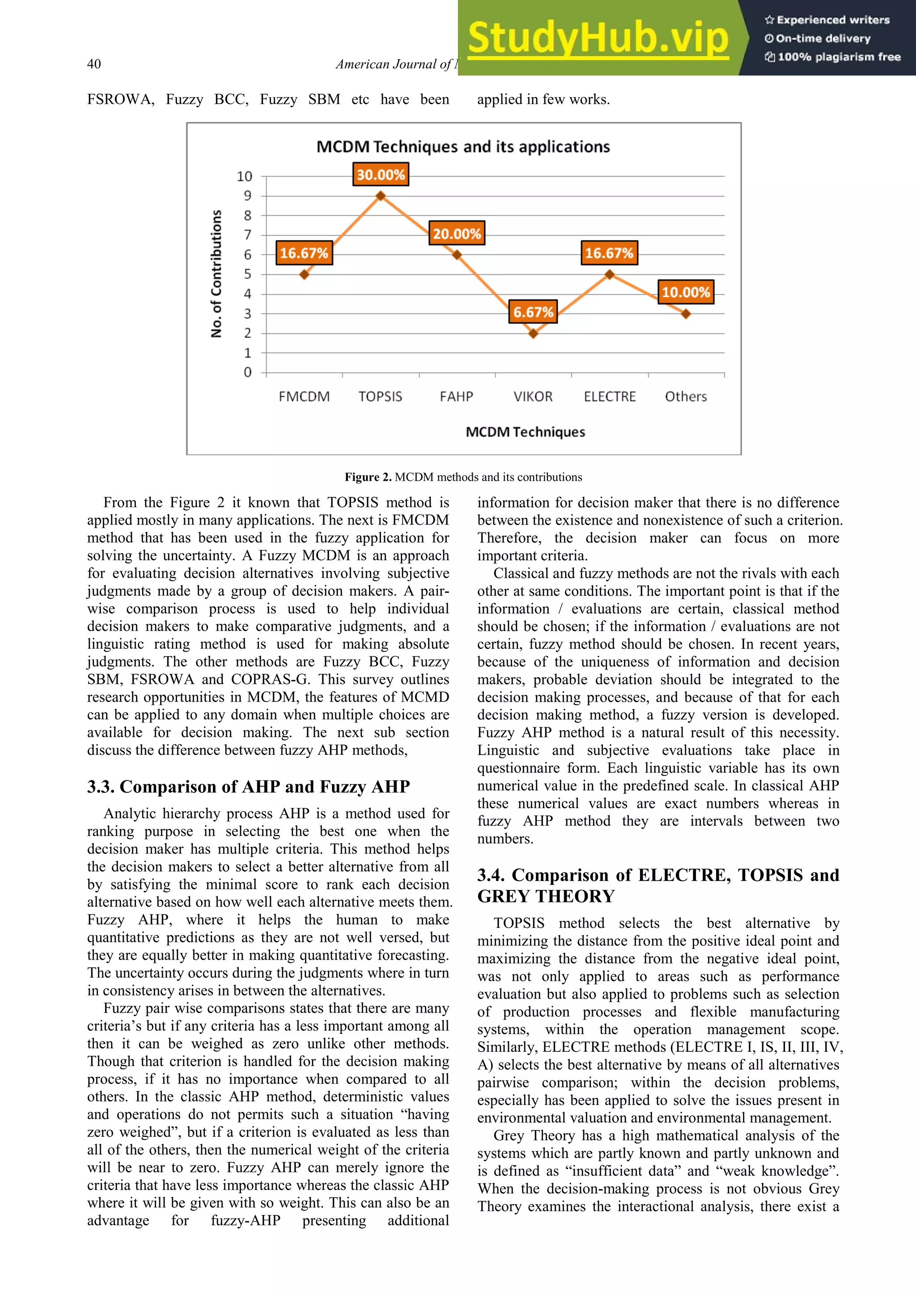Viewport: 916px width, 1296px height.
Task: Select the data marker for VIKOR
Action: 533,334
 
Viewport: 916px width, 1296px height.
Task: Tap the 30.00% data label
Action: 381,174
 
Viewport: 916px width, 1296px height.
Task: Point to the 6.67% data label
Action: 533,312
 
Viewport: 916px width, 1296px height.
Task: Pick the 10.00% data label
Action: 686,292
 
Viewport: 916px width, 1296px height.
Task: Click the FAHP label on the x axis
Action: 457,396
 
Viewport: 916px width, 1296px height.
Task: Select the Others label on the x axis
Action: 686,396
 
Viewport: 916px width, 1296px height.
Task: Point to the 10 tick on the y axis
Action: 244,177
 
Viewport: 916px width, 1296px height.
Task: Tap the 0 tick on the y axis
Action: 247,373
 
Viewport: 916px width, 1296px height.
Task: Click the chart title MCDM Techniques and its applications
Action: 463,147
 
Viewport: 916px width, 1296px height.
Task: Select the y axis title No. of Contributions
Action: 216,274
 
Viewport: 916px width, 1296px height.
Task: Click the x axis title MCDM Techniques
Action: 525,432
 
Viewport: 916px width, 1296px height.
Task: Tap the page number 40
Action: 94,64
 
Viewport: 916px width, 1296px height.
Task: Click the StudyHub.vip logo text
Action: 598,38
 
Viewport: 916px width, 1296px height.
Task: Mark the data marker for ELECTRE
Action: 610,274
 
